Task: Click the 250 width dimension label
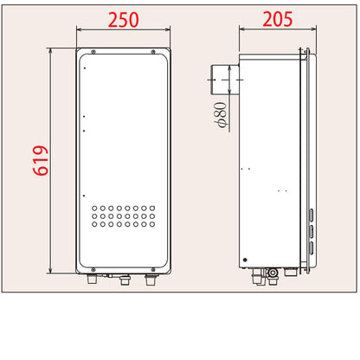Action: tap(123, 20)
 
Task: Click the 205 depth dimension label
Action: tap(278, 19)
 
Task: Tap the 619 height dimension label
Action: tap(41, 161)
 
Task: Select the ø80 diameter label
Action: tap(221, 114)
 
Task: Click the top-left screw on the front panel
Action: tap(93, 52)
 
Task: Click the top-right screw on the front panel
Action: tap(153, 52)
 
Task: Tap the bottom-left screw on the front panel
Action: tap(93, 270)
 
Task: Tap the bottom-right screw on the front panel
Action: tap(153, 270)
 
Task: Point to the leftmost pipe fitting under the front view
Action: tap(93, 279)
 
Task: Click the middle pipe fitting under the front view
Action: tap(125, 280)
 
